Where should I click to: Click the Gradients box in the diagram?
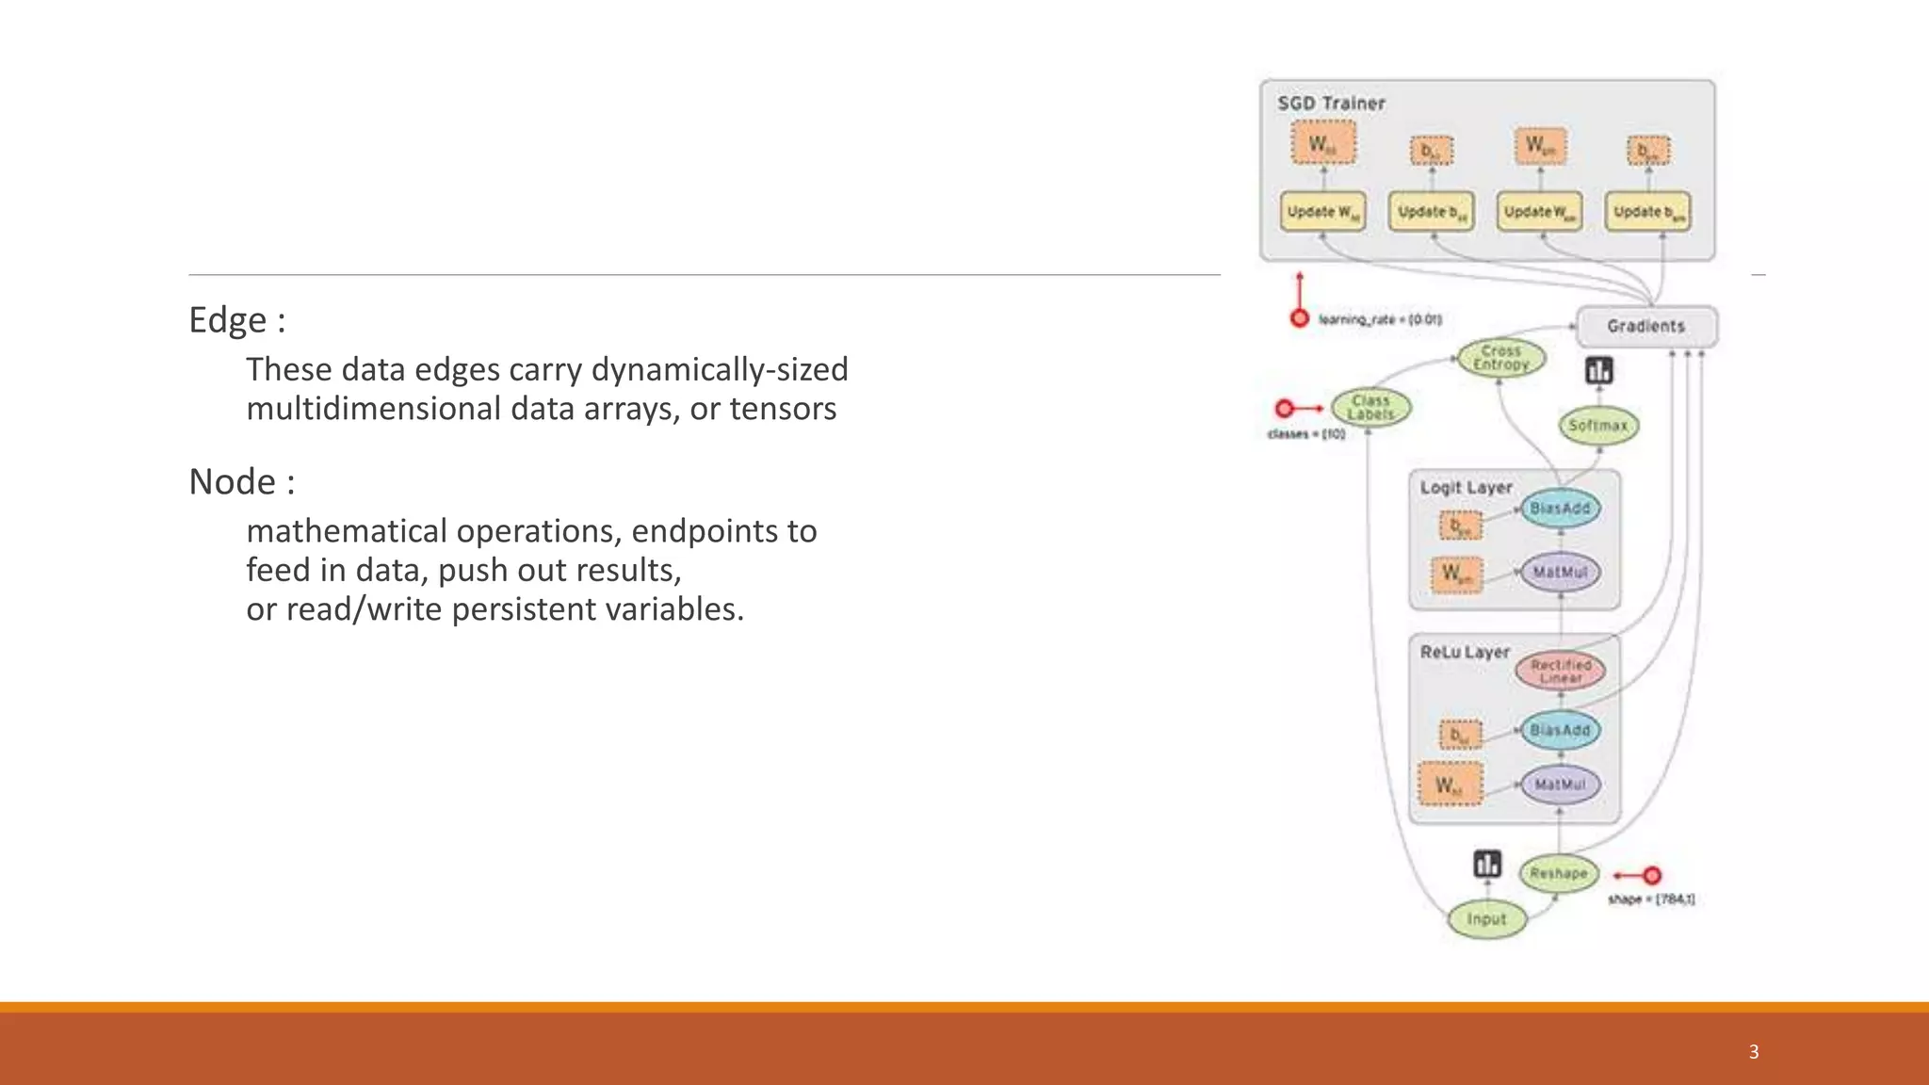1645,326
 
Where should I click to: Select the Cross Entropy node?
1501,358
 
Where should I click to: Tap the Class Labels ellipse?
1370,408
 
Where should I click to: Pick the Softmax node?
1598,426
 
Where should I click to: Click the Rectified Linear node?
1561,672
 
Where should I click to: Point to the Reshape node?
1559,874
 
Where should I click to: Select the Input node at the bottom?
1486,919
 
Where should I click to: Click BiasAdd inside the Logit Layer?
1560,509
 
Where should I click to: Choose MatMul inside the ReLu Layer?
1560,785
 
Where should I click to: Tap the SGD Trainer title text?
1331,104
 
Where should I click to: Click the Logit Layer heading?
1466,488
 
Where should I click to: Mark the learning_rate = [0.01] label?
1380,320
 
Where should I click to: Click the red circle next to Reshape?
1651,876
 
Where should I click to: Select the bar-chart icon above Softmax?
1598,371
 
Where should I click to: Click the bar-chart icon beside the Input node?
1487,864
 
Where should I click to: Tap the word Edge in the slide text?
227,320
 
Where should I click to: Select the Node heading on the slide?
233,482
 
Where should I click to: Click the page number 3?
1754,1052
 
